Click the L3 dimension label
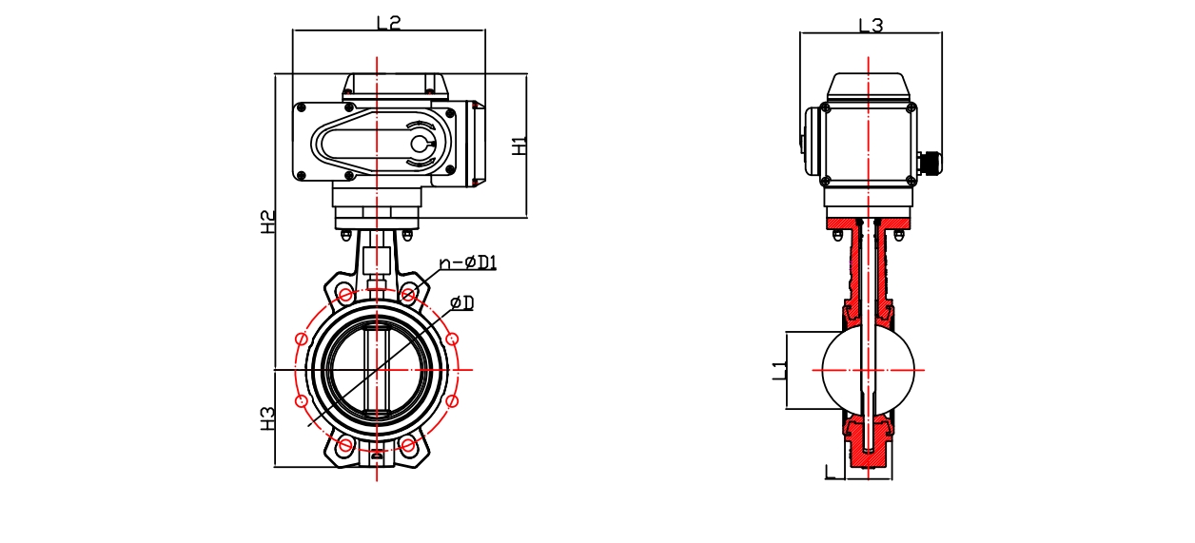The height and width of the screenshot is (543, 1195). [x=871, y=26]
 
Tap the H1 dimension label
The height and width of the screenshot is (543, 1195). [x=519, y=145]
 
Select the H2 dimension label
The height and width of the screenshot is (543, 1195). [x=269, y=222]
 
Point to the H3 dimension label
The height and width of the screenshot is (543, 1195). [x=269, y=418]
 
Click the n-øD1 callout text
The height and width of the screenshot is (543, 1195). [x=468, y=262]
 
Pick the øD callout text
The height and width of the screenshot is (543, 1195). [x=462, y=302]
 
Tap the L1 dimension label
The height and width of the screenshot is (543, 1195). [x=778, y=370]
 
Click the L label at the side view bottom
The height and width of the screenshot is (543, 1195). [x=831, y=471]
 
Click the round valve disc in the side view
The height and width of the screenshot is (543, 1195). [x=868, y=370]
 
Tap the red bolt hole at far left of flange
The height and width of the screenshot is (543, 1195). [x=302, y=339]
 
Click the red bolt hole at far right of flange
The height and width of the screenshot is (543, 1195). [x=453, y=339]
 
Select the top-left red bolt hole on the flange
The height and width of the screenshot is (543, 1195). [x=346, y=296]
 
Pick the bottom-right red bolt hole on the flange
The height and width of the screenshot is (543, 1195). [x=408, y=444]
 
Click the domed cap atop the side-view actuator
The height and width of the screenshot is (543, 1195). [x=869, y=87]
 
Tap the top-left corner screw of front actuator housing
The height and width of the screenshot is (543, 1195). [x=302, y=108]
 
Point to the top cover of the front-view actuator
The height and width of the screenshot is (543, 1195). [x=395, y=86]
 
